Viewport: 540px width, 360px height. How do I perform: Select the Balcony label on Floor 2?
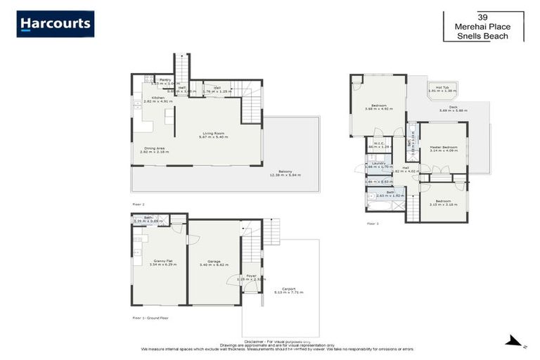coord(285,171)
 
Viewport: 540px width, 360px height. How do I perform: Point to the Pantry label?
coord(165,80)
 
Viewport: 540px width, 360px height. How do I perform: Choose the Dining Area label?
coord(155,148)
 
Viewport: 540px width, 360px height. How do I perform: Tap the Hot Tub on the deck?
coord(442,87)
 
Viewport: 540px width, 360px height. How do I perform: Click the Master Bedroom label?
coord(443,146)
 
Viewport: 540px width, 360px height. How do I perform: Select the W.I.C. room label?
coord(378,143)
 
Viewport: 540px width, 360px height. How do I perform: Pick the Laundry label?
coord(379,163)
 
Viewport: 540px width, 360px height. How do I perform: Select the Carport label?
coord(280,288)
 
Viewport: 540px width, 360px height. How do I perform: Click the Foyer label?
coord(250,275)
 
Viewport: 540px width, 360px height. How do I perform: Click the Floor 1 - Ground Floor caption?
coord(150,318)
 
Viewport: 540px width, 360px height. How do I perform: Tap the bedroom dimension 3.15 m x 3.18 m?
coord(443,205)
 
